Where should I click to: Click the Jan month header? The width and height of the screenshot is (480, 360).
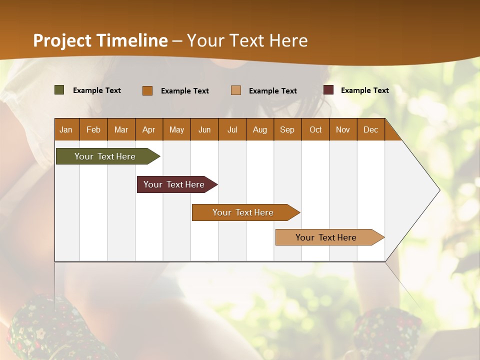[x=66, y=130]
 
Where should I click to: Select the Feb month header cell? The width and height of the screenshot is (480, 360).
[x=93, y=130]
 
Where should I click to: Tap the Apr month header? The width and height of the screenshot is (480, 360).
[x=149, y=130]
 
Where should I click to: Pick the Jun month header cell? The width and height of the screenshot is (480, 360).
[x=204, y=130]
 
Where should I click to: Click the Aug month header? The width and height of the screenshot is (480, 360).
[x=260, y=130]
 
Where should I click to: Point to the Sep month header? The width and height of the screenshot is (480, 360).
[x=287, y=130]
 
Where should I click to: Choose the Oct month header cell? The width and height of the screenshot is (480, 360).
[x=315, y=130]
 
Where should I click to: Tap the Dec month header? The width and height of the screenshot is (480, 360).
[x=371, y=130]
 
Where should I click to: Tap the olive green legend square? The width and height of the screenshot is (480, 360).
[x=59, y=90]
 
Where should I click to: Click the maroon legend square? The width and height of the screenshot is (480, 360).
[x=328, y=90]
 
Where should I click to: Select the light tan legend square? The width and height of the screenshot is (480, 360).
[x=236, y=90]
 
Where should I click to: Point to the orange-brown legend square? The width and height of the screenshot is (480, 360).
[x=147, y=90]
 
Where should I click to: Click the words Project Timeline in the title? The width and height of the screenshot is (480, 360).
[x=100, y=40]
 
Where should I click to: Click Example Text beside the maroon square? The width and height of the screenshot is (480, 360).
[x=364, y=90]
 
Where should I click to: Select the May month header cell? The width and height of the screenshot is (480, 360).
[x=176, y=130]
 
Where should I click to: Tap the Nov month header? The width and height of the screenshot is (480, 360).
[x=343, y=130]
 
